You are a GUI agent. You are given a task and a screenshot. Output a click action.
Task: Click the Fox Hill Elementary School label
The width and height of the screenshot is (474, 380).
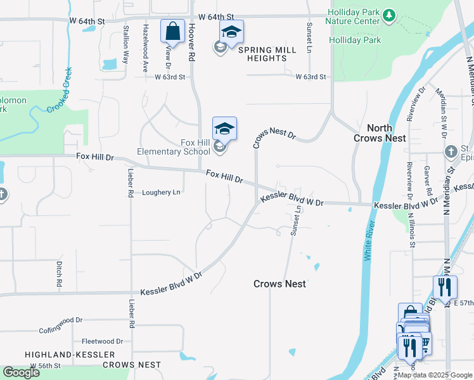point(174,147)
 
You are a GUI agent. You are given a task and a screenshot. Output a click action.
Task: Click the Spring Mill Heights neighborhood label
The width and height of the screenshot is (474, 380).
point(262,54)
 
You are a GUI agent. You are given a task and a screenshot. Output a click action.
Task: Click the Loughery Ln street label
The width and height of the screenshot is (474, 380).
point(161,192)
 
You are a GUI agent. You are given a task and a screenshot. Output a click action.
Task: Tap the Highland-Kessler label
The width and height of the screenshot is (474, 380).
point(70,355)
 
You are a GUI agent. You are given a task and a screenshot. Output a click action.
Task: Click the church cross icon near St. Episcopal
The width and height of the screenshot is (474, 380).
point(450,152)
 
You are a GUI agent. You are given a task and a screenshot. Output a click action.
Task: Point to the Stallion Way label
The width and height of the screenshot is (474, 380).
point(126,44)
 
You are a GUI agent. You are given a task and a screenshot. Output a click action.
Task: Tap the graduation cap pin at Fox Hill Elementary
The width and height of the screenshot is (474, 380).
point(224,129)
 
